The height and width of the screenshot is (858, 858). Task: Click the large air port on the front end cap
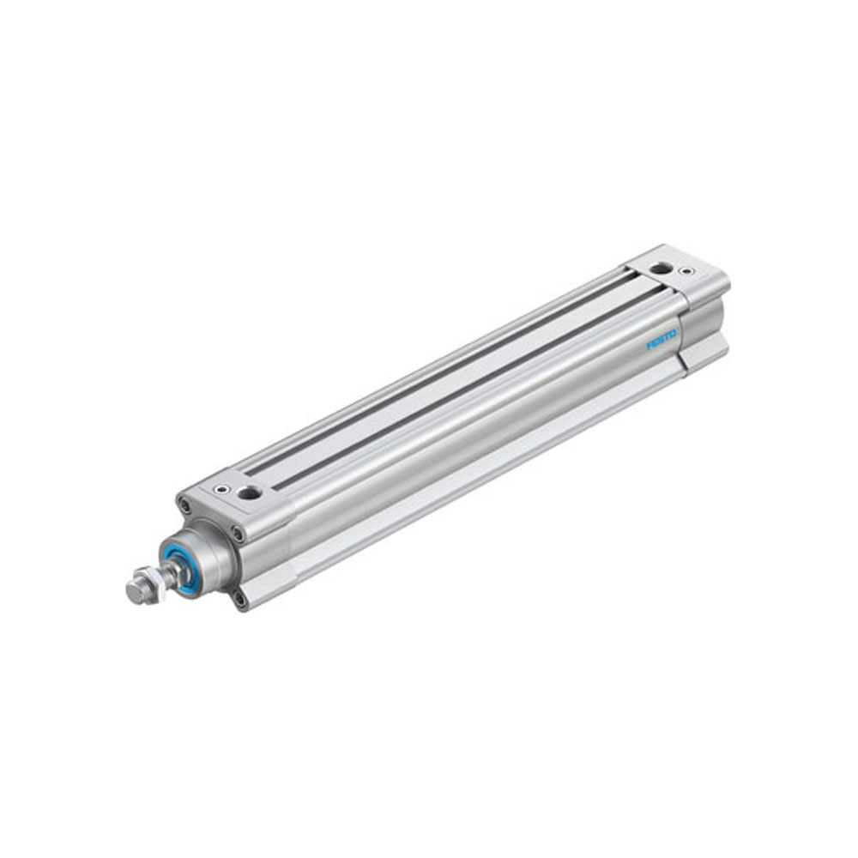coord(250,492)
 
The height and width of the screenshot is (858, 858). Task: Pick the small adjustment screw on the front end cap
coord(222,489)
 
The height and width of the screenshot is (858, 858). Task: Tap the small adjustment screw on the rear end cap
coord(685,271)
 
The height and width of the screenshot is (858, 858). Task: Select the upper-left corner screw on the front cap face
coord(183,505)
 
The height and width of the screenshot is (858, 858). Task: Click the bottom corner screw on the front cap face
coord(239,600)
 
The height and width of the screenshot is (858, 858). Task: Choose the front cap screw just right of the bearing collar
coord(238,535)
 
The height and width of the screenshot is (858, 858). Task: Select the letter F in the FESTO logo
coord(650,346)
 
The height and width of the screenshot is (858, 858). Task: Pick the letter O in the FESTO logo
coord(673,333)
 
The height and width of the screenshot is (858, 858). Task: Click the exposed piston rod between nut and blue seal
coord(172,573)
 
